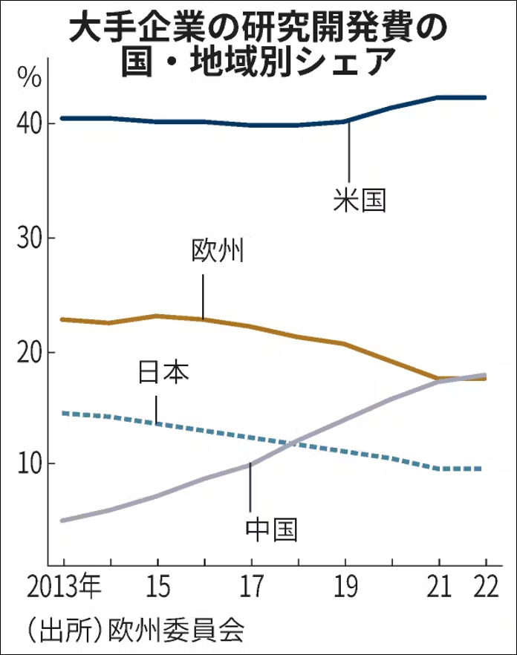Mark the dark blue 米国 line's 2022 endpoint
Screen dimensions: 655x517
[x=485, y=97]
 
